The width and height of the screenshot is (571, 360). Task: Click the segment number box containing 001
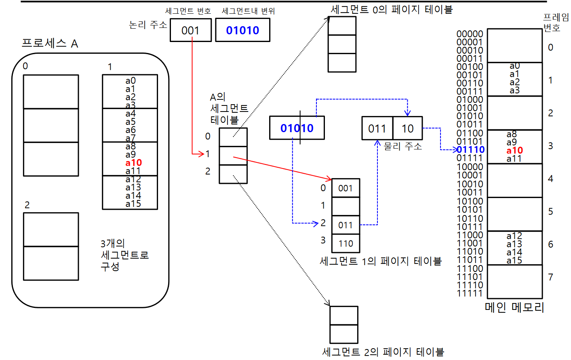tap(190, 30)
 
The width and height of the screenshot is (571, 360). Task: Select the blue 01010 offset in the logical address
tap(242, 30)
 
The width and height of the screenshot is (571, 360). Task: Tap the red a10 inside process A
tap(133, 163)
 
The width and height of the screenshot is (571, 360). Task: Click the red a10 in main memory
tap(514, 150)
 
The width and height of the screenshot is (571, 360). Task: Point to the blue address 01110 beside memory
tap(470, 150)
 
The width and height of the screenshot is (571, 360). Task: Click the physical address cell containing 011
tap(377, 128)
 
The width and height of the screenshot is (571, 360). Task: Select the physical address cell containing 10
tap(407, 128)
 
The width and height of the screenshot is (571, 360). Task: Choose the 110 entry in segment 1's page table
tap(346, 244)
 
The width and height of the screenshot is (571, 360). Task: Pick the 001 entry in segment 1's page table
tap(346, 188)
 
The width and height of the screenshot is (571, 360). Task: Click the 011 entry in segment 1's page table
tap(346, 225)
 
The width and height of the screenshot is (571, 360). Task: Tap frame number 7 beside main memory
tap(550, 277)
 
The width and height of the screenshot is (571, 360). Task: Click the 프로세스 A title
tap(50, 43)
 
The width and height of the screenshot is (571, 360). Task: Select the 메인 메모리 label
tap(514, 307)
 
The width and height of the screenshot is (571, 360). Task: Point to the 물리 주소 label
tap(402, 146)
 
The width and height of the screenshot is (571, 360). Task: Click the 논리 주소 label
tap(148, 25)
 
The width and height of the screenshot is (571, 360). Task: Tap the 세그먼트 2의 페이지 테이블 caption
tap(383, 352)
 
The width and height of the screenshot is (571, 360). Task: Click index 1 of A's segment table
tap(208, 154)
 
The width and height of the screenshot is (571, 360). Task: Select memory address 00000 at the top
tap(470, 34)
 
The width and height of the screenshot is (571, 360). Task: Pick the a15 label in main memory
tap(514, 261)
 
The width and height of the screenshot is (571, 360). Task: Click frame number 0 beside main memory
tap(550, 47)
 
